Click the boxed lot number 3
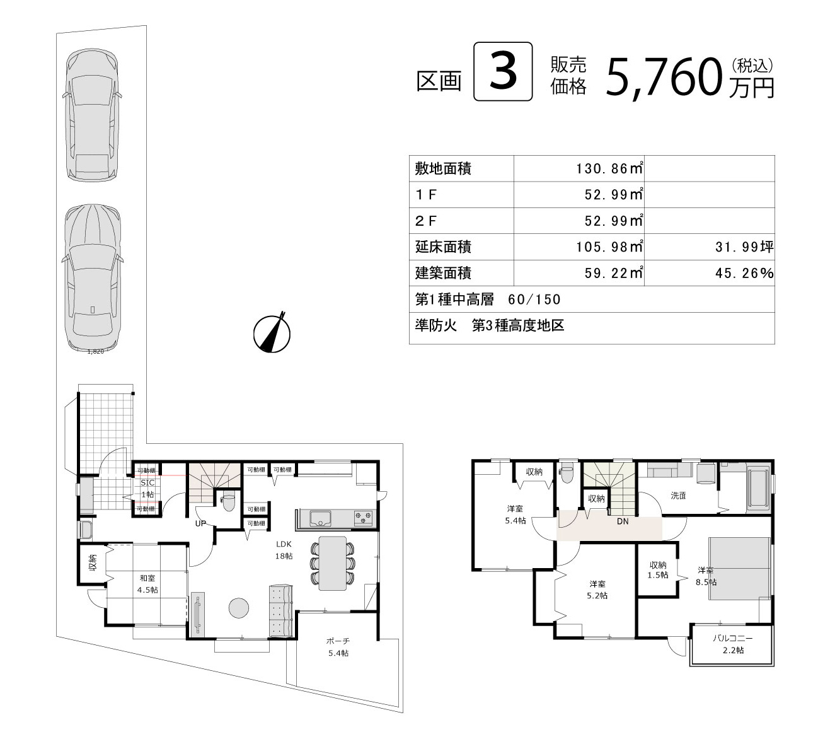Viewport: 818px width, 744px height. click(x=503, y=71)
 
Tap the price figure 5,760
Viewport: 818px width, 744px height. click(x=664, y=78)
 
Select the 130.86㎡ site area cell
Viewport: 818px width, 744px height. click(x=609, y=168)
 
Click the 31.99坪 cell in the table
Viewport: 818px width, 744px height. click(x=744, y=247)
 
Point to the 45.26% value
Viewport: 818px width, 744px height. click(x=744, y=273)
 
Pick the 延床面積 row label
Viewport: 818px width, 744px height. click(x=443, y=247)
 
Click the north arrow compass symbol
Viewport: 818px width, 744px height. click(x=272, y=333)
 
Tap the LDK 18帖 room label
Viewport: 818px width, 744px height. click(x=284, y=550)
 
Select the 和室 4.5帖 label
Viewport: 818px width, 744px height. click(x=147, y=584)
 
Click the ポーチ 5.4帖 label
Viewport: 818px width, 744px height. click(x=338, y=647)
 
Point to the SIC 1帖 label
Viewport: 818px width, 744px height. click(x=147, y=488)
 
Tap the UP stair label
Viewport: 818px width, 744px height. click(x=200, y=523)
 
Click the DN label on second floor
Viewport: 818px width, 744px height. click(x=623, y=521)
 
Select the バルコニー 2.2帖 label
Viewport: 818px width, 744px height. click(x=733, y=644)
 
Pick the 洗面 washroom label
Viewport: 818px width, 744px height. click(x=678, y=496)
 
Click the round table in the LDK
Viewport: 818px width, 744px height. click(x=239, y=608)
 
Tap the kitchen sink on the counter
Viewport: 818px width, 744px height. click(x=321, y=518)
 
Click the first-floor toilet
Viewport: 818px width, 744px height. click(x=228, y=501)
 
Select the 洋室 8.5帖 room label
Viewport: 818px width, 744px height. click(x=706, y=576)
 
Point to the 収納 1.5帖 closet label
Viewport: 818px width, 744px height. click(x=658, y=570)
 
